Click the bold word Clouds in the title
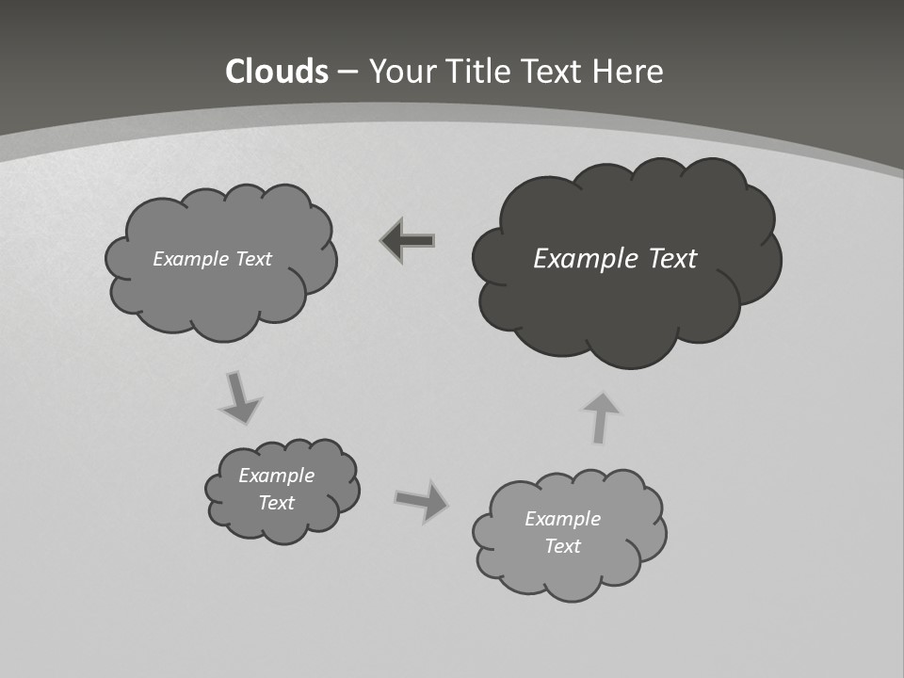click(277, 72)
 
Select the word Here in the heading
click(630, 72)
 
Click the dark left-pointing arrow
click(409, 241)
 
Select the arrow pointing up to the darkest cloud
click(601, 417)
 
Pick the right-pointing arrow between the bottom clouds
click(422, 500)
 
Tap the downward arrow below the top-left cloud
click(239, 396)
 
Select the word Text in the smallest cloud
click(276, 503)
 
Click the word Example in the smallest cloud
click(276, 476)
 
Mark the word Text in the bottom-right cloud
click(562, 546)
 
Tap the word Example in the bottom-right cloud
click(562, 519)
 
